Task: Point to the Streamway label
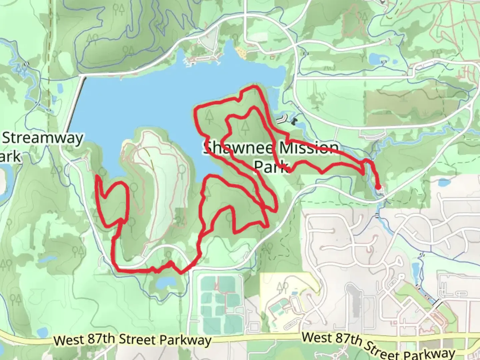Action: click(43, 138)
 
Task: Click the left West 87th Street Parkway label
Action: click(132, 340)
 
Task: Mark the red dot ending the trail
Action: click(378, 187)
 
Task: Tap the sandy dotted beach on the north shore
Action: click(241, 52)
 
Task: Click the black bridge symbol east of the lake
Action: click(294, 121)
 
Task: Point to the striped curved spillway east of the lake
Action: click(282, 118)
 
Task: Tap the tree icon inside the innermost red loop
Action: click(245, 126)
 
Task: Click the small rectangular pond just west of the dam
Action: click(60, 88)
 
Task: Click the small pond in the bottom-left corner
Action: click(42, 332)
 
